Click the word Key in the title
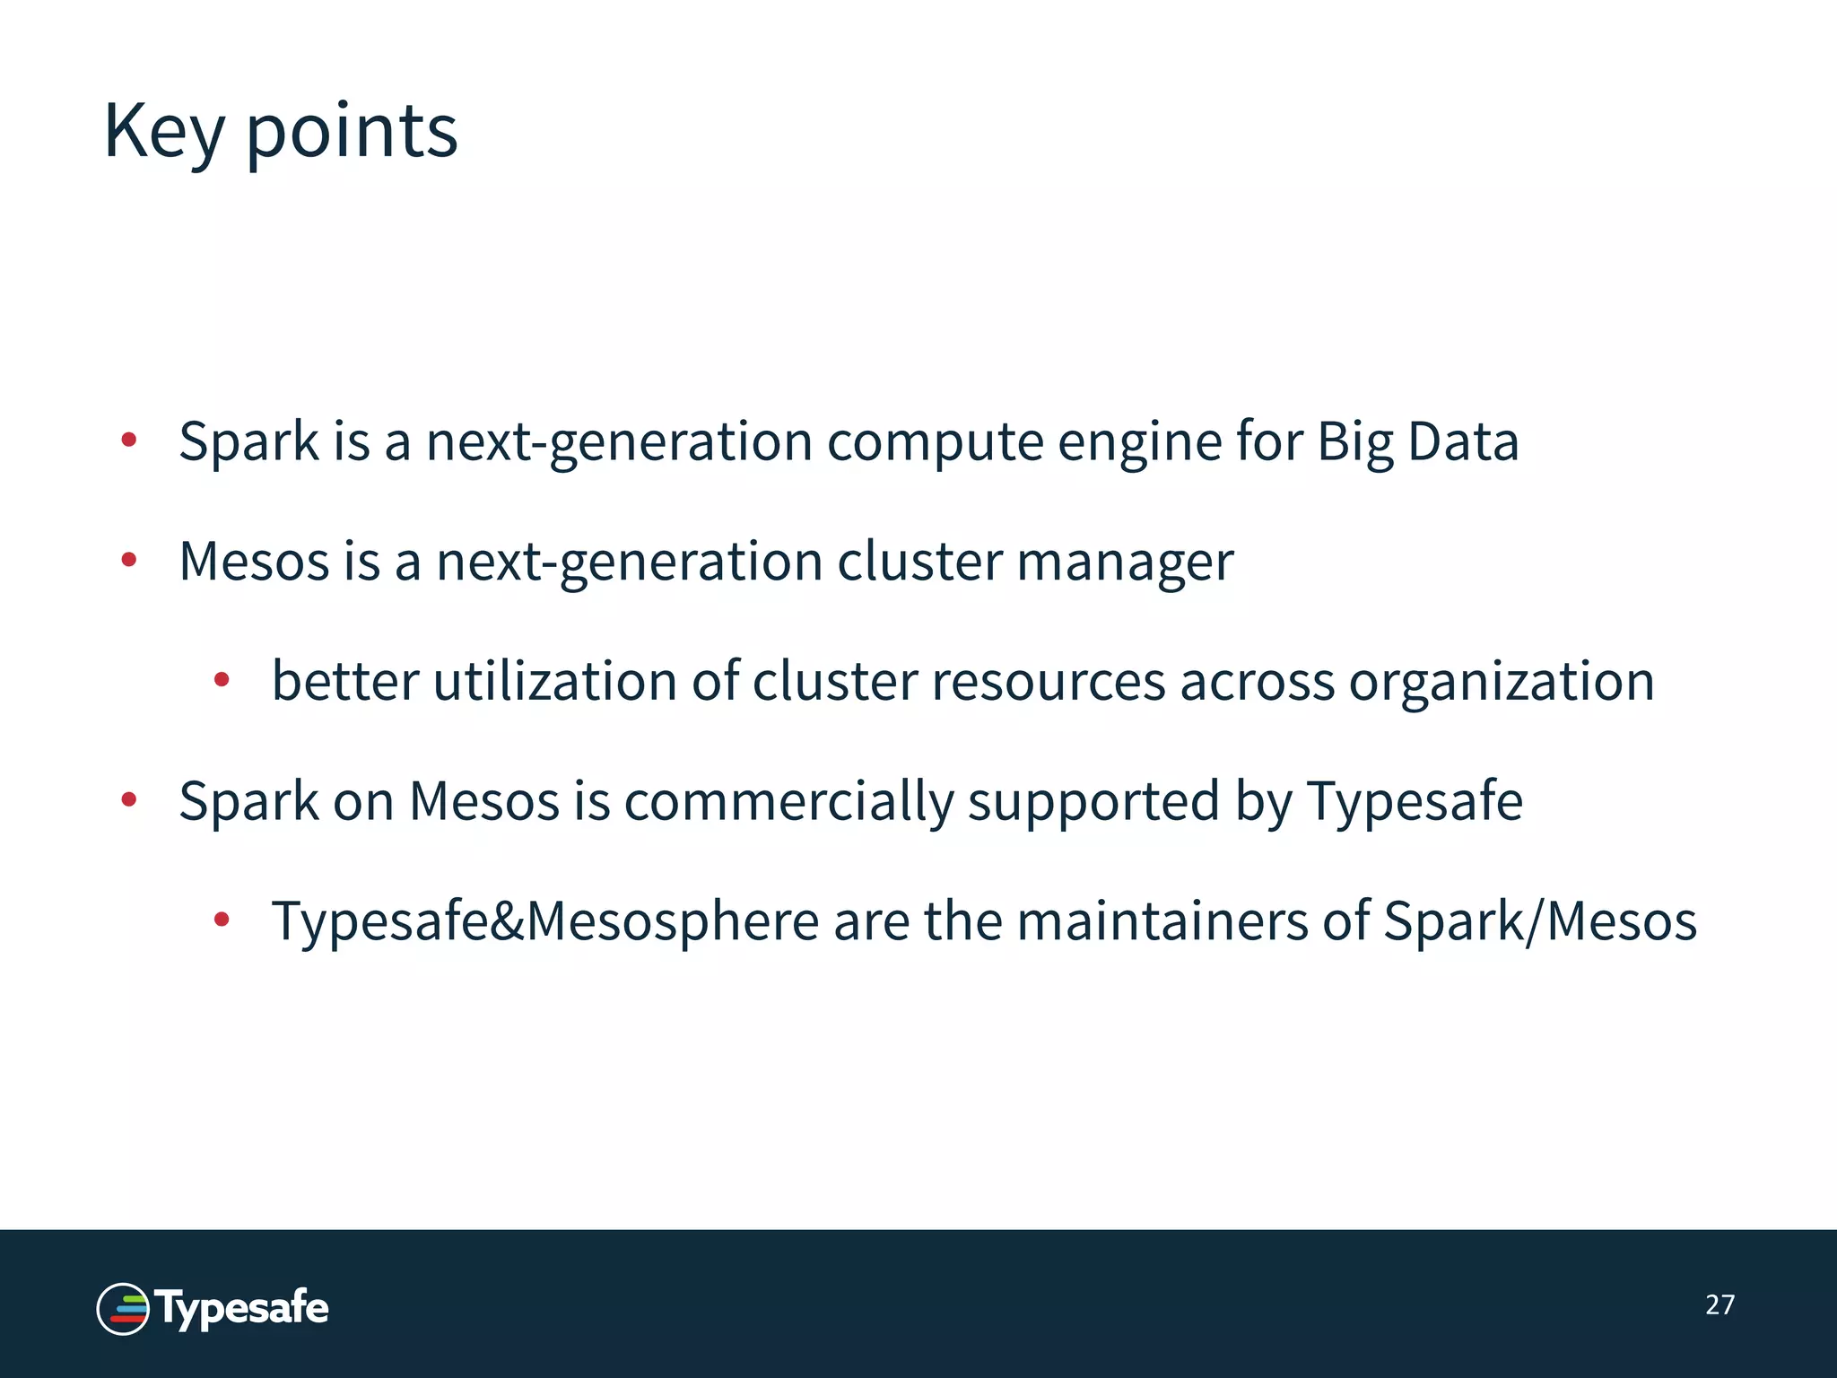(163, 132)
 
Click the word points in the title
(352, 132)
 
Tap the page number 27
(1719, 1304)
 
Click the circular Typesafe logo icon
(123, 1309)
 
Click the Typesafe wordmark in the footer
(242, 1308)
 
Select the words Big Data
(1417, 441)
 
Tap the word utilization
(554, 681)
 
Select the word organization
(1502, 683)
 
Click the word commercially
(788, 801)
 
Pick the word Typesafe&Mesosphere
(545, 922)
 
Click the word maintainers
(1162, 921)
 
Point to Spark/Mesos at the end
(1539, 921)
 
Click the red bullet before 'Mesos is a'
(129, 561)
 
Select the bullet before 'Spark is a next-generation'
(129, 440)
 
